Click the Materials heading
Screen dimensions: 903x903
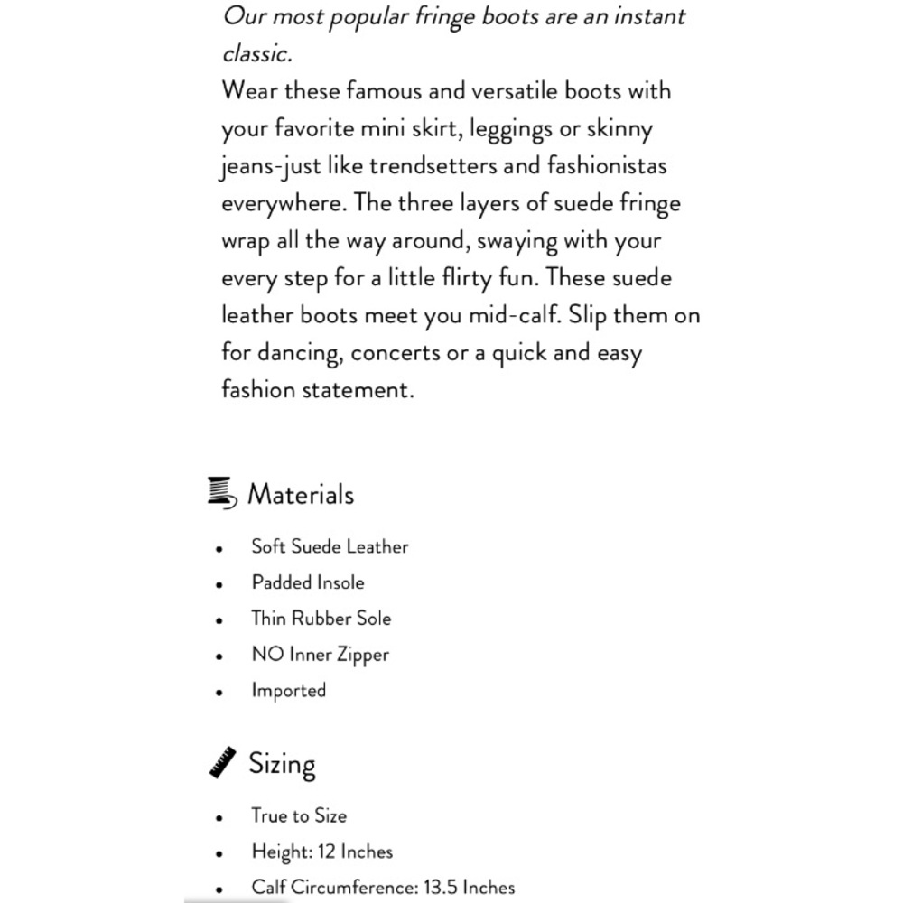point(300,495)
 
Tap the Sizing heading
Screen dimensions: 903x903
point(282,764)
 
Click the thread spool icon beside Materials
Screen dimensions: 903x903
point(222,492)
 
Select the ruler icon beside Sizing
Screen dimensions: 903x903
point(223,762)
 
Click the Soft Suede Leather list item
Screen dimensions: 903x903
point(330,546)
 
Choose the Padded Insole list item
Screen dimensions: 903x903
point(308,582)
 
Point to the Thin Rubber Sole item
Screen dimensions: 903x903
point(321,619)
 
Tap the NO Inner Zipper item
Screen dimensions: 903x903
point(320,655)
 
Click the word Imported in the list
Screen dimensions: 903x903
point(288,691)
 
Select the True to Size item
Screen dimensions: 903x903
point(299,816)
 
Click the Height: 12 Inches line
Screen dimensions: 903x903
point(322,852)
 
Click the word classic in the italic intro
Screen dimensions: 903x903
point(256,53)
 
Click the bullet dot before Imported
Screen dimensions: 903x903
point(219,693)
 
